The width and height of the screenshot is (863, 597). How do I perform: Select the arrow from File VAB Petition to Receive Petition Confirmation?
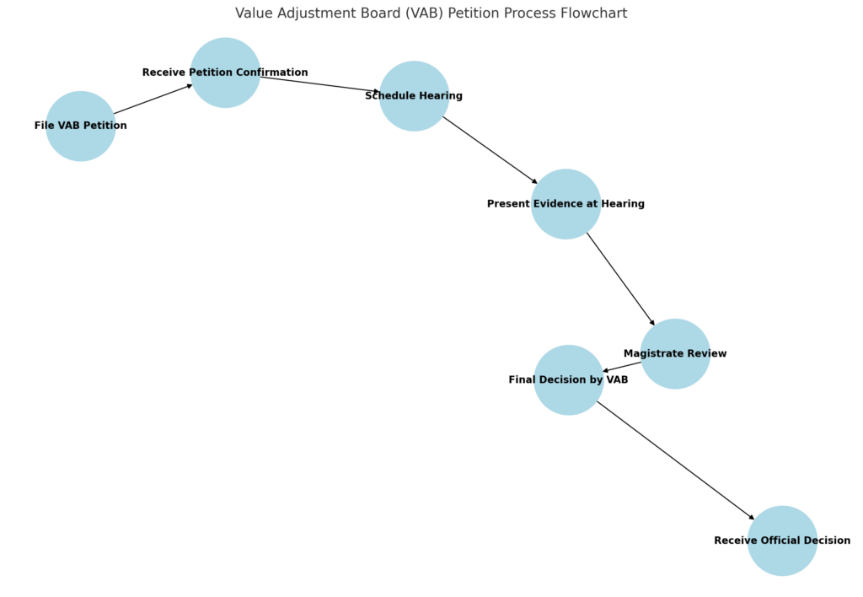(153, 99)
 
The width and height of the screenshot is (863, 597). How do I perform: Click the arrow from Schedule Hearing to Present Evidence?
(490, 149)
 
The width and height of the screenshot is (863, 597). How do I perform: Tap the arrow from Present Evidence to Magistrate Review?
(620, 278)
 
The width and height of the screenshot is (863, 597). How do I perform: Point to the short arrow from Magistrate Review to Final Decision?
(622, 366)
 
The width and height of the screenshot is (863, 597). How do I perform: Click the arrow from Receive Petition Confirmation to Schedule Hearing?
(320, 84)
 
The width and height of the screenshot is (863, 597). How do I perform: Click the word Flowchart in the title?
(595, 13)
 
